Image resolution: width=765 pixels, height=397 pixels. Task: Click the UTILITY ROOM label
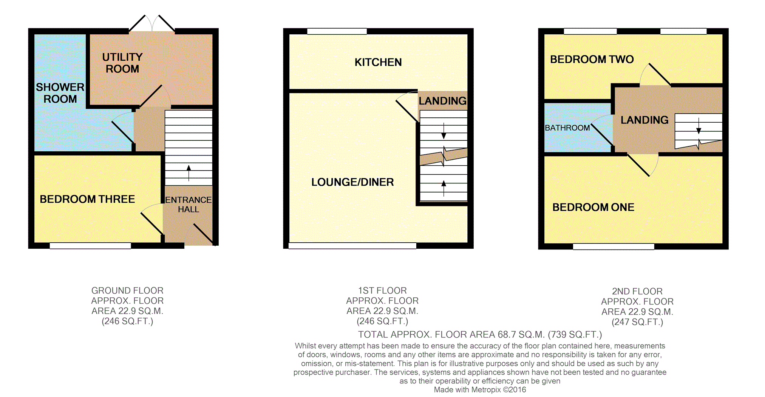coord(122,63)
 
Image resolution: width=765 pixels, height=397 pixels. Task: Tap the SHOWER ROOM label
coord(60,93)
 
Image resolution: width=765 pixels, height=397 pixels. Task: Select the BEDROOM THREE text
coord(87,199)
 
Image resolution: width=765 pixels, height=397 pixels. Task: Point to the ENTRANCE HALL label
coord(188,205)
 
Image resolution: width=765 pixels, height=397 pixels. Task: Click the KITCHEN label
coord(378,62)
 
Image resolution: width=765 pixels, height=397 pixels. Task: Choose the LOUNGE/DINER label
coord(352,182)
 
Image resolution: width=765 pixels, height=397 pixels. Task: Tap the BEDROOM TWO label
coord(592,60)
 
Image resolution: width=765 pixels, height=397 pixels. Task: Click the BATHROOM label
coord(567,128)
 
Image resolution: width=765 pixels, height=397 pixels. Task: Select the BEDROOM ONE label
coord(593,207)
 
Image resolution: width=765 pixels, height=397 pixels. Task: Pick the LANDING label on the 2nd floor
coord(644,120)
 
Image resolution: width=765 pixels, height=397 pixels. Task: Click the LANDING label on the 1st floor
coord(442,101)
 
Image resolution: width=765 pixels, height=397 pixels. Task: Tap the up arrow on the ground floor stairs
coord(189,173)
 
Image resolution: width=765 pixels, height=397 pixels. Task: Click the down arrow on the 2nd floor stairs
coord(699,126)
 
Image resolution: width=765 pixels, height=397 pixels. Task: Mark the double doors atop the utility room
coord(152,23)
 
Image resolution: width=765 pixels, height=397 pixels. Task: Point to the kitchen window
coord(337,31)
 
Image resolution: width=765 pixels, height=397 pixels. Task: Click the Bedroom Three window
coord(90,246)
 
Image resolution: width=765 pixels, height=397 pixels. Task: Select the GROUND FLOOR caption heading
coord(127,291)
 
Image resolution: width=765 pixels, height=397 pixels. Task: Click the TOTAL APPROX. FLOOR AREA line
coord(480,335)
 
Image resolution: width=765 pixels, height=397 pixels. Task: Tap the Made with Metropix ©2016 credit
coord(480,390)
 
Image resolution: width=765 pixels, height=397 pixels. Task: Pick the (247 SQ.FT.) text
coord(637,322)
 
